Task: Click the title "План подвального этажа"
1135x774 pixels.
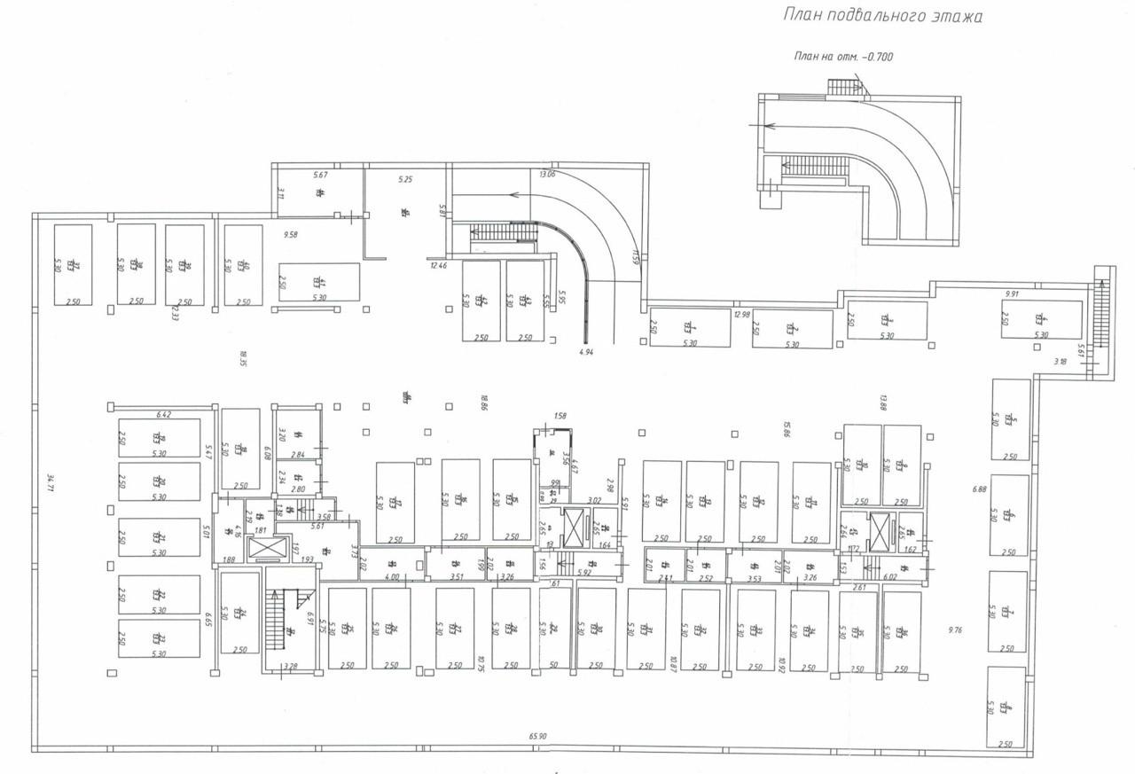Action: click(883, 16)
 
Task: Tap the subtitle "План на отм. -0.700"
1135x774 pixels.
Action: click(843, 57)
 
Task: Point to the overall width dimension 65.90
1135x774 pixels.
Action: click(538, 736)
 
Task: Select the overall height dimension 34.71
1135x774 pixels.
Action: click(51, 482)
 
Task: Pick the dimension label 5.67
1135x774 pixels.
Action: click(321, 175)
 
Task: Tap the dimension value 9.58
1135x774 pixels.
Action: click(291, 234)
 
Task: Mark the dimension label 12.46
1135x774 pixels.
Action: click(439, 265)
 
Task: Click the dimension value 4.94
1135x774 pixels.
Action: click(586, 352)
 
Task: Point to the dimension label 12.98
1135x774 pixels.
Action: click(742, 314)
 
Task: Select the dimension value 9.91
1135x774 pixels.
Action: click(1013, 293)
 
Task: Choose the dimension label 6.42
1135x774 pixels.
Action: click(163, 414)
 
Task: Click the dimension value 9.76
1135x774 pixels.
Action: click(955, 630)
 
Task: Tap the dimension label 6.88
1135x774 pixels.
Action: click(979, 489)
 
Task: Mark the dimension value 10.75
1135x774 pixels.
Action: click(480, 661)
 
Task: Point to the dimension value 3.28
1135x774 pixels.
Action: click(289, 666)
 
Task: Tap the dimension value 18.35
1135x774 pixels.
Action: click(242, 358)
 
